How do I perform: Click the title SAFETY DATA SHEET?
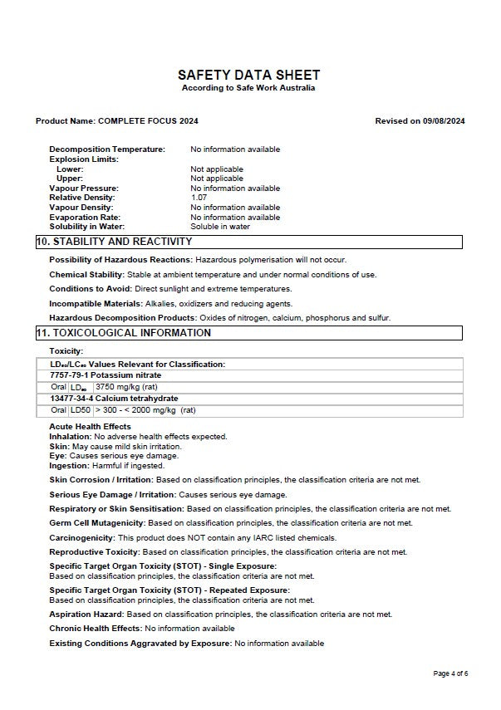(248, 75)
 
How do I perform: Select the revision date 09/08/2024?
(444, 121)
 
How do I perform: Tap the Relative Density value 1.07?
(199, 198)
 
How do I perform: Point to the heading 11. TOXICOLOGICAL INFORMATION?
(123, 333)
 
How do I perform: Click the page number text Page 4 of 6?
(451, 673)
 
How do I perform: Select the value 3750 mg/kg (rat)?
(127, 387)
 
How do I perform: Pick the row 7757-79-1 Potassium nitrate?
(106, 375)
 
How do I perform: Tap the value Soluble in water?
(220, 227)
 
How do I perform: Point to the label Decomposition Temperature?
(107, 149)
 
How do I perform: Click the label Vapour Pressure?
(83, 189)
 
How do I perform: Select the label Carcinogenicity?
(81, 538)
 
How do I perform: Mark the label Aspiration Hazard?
(86, 615)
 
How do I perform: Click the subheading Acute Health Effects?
(90, 427)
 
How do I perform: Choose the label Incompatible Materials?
(96, 304)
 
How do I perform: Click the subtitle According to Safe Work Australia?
(248, 88)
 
